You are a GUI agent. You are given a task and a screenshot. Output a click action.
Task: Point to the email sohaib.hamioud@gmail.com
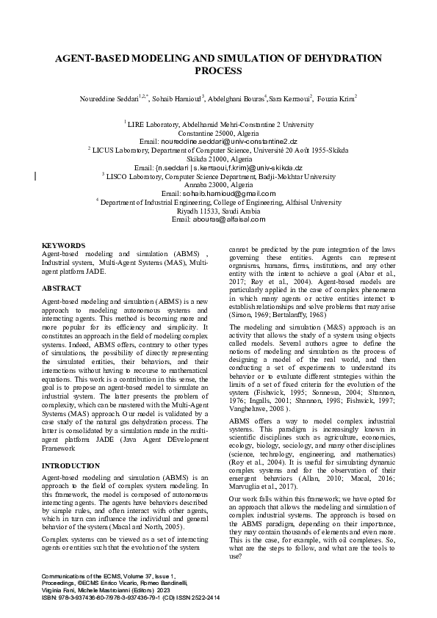(218, 194)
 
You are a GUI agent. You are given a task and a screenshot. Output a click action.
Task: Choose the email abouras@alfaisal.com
(218, 219)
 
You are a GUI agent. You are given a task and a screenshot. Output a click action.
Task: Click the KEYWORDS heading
(64, 244)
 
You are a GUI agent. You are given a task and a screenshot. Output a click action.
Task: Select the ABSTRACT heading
(62, 288)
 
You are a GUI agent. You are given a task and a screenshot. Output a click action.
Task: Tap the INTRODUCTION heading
(71, 446)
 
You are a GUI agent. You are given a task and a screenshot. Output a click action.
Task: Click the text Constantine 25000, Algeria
(218, 133)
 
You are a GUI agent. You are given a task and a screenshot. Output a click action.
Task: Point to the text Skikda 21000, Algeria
(218, 159)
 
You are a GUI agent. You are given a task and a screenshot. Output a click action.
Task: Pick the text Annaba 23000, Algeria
(218, 185)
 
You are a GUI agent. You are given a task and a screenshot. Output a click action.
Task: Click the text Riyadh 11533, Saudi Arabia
(218, 211)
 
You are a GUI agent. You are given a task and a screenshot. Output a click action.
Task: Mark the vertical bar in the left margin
(36, 175)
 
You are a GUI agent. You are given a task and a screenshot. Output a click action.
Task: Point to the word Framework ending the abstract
(60, 426)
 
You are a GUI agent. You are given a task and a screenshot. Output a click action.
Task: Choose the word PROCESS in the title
(218, 70)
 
